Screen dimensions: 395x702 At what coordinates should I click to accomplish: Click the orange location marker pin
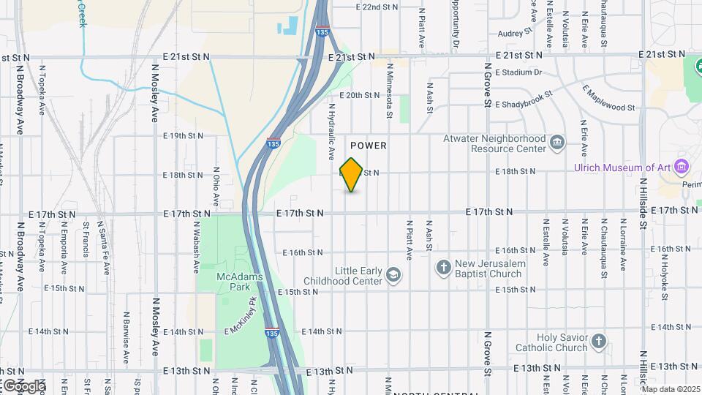[351, 175]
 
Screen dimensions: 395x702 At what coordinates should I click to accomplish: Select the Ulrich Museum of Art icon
[682, 167]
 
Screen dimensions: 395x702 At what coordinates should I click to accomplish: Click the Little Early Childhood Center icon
[393, 275]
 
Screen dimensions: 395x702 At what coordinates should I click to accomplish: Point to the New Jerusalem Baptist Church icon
[443, 268]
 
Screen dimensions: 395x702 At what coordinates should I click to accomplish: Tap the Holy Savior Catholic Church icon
[599, 342]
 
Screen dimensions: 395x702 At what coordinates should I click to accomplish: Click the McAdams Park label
[235, 282]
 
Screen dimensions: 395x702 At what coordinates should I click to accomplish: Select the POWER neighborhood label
[369, 146]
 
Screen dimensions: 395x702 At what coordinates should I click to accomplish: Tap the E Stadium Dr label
[518, 72]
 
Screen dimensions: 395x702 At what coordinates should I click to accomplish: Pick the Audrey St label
[514, 34]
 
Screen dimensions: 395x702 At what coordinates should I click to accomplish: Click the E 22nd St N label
[377, 7]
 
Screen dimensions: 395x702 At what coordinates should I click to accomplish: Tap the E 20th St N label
[361, 95]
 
